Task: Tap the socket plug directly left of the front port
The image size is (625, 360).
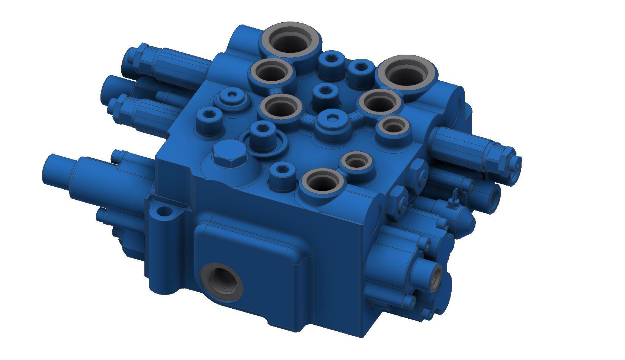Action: [282, 172]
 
